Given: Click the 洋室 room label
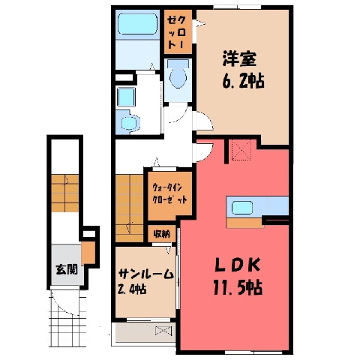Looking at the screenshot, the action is click(239, 59).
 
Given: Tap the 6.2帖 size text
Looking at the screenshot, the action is click(243, 81).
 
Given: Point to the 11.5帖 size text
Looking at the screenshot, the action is click(238, 287).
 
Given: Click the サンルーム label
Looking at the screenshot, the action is click(146, 274).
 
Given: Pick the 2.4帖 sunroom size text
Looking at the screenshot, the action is click(132, 289).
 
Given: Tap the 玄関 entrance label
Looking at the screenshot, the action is click(67, 269).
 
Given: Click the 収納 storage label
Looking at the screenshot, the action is click(162, 234).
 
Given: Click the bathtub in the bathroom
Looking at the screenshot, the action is click(138, 24).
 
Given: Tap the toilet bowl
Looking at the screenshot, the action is click(178, 74).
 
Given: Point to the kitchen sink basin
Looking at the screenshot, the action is click(242, 208).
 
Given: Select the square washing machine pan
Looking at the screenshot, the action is click(126, 97).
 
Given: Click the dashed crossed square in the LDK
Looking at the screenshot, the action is click(241, 150).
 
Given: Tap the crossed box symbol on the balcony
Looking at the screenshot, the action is click(163, 331).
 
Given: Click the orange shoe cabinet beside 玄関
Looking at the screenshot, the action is click(88, 253).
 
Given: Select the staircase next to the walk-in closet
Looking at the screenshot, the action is click(130, 208).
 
